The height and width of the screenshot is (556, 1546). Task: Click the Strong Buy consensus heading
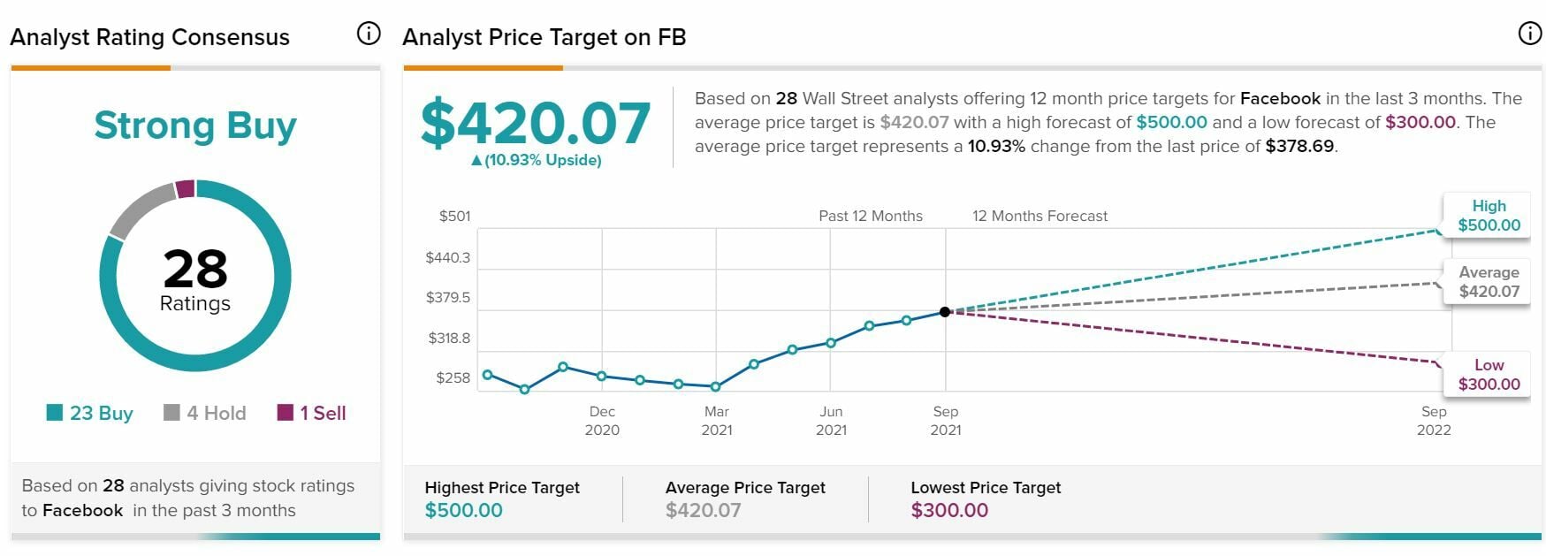click(195, 126)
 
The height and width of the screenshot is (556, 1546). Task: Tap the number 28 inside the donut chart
click(195, 269)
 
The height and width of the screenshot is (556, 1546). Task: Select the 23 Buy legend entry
click(90, 413)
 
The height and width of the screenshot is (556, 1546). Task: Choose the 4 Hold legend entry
click(206, 413)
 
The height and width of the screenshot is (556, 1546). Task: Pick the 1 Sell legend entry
click(312, 413)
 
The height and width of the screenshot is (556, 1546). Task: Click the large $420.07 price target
click(536, 124)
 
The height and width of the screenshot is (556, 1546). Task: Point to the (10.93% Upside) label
click(537, 160)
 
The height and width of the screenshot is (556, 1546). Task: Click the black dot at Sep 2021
click(945, 312)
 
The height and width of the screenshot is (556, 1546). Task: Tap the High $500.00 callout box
click(1489, 216)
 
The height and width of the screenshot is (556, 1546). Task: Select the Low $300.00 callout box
click(1489, 375)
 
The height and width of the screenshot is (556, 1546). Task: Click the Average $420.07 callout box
click(1489, 282)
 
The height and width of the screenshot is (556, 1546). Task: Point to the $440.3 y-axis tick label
click(448, 257)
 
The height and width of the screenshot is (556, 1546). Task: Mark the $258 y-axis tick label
click(453, 377)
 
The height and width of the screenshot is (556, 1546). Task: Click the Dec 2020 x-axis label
click(602, 421)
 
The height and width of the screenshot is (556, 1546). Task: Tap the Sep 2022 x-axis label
click(1434, 421)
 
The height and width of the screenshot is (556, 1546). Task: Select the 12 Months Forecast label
click(1040, 216)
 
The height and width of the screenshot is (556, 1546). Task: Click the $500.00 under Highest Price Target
click(464, 510)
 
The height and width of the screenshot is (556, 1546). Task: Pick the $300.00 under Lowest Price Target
click(949, 510)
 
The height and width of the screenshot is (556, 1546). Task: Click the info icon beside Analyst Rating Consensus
click(368, 34)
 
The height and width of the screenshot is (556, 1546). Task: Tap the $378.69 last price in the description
click(1299, 146)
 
